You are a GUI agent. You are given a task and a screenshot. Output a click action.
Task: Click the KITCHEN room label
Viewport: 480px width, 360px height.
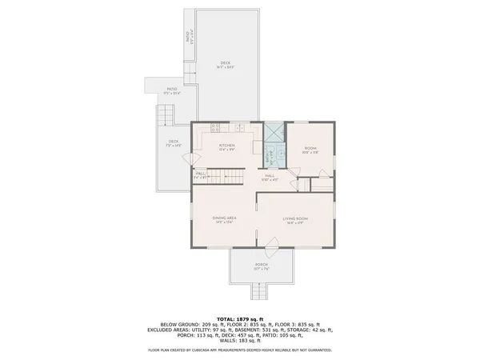point(228,146)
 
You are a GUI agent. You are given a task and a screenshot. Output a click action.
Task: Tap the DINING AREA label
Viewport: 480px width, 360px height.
point(223,218)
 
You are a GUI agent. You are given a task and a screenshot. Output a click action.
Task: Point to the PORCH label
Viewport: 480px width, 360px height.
point(261,265)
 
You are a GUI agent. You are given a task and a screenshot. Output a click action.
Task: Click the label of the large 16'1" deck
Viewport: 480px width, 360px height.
point(226,65)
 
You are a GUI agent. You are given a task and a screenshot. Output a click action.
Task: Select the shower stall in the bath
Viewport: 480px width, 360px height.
point(274,133)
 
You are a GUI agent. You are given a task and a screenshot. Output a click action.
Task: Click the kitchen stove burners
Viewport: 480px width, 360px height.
point(215,128)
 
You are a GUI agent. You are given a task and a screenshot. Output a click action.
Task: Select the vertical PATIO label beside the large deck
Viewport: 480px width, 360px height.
point(187,37)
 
